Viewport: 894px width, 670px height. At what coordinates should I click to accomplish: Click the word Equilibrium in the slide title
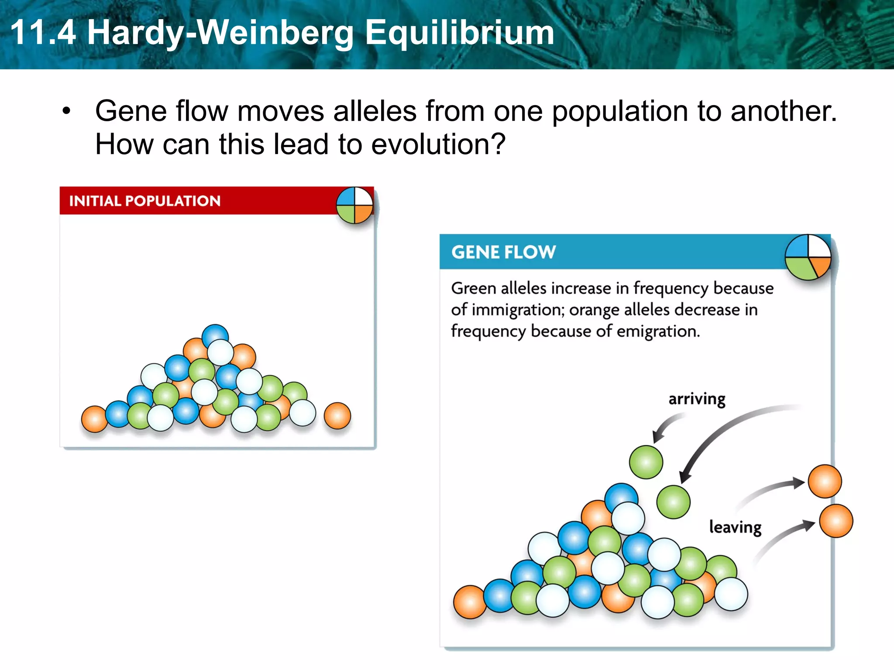pos(459,33)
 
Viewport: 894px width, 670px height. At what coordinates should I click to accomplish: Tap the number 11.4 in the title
pos(43,33)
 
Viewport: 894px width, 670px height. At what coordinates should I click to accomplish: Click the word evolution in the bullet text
pos(433,144)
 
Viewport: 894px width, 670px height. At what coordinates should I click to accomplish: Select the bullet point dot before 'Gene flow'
pos(66,111)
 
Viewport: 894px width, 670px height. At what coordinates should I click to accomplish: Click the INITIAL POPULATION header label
pos(145,201)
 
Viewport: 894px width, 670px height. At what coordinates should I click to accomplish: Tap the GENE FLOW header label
pos(503,252)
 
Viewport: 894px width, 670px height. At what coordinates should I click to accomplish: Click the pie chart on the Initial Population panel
pos(354,205)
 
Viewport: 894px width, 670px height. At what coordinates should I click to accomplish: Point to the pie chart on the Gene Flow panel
pos(808,257)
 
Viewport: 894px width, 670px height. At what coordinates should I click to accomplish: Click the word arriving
pos(697,399)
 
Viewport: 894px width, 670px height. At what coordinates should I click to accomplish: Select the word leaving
pos(735,527)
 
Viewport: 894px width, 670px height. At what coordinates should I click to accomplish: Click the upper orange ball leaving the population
pos(825,481)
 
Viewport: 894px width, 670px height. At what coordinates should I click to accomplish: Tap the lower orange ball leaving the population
pos(836,521)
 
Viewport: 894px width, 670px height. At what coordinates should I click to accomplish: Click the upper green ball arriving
pos(646,462)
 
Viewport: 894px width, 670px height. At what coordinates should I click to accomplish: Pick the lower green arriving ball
pos(673,502)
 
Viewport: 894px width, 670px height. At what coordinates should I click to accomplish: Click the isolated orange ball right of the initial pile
pos(337,416)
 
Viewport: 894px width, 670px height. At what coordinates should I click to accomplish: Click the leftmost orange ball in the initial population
pos(94,419)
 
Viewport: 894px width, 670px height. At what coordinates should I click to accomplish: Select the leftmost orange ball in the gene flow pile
pos(470,602)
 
